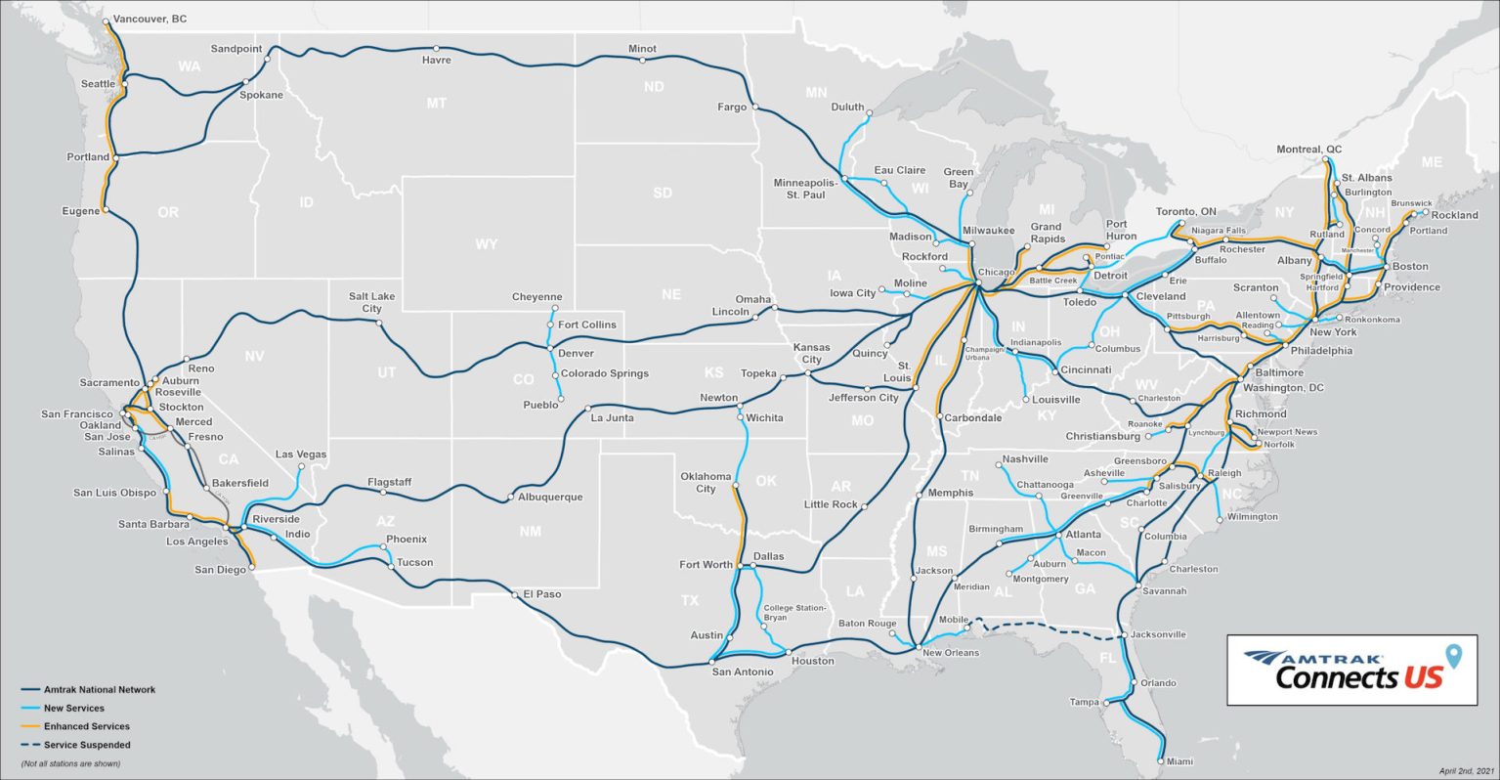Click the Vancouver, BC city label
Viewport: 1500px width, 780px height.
pyautogui.click(x=150, y=19)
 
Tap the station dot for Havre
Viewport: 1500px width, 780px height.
pyautogui.click(x=436, y=47)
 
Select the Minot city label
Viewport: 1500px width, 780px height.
pyautogui.click(x=642, y=49)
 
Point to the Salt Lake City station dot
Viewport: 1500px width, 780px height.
pyautogui.click(x=378, y=324)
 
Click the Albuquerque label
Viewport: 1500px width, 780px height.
pyautogui.click(x=549, y=497)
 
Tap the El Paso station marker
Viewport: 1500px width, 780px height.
pyautogui.click(x=515, y=593)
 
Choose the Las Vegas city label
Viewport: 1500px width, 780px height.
pyautogui.click(x=301, y=455)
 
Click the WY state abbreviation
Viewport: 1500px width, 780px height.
pyautogui.click(x=486, y=244)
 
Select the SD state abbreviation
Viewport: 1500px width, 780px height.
pyautogui.click(x=663, y=193)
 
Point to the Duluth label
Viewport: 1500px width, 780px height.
pyautogui.click(x=847, y=108)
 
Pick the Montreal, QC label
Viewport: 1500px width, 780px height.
pyautogui.click(x=1308, y=150)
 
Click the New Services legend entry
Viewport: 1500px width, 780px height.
pyautogui.click(x=73, y=708)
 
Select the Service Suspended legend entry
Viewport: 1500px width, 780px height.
pyautogui.click(x=87, y=745)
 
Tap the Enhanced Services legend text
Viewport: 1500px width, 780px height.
pyautogui.click(x=86, y=726)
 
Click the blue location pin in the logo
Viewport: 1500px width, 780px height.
pyautogui.click(x=1453, y=656)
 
